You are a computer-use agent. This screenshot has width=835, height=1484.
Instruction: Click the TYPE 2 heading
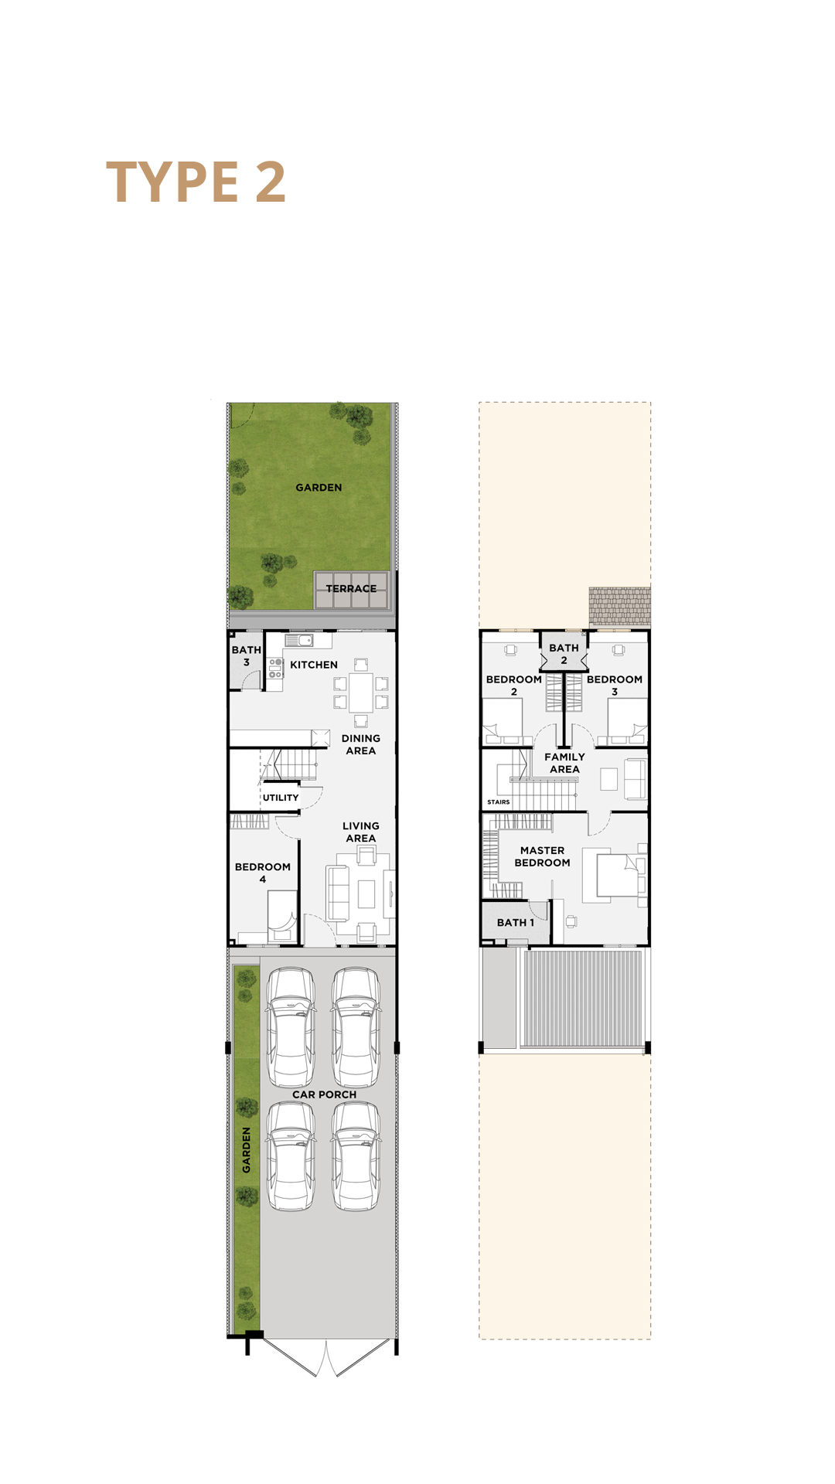[x=196, y=182]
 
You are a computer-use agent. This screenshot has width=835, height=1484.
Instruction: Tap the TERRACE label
[x=351, y=589]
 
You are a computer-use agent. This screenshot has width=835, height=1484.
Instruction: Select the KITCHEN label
[x=314, y=665]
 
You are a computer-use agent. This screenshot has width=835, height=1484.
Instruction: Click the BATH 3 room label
[x=247, y=656]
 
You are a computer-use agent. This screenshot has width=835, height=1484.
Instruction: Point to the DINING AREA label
[x=361, y=744]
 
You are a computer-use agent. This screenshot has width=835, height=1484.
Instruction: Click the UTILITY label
[x=281, y=798]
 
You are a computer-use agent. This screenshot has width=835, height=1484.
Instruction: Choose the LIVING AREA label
[x=361, y=832]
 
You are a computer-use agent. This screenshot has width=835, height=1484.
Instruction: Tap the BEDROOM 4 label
[x=263, y=873]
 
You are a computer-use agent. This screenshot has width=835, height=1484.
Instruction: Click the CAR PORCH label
[x=325, y=1094]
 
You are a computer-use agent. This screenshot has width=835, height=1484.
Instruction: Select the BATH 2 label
[x=564, y=654]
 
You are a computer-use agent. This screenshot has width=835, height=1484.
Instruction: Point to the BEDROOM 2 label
[x=514, y=686]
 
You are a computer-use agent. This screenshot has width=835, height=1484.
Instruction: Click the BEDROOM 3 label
[x=615, y=686]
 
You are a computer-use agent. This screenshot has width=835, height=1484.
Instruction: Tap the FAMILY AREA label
[x=565, y=763]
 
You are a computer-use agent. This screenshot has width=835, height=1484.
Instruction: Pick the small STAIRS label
[x=499, y=802]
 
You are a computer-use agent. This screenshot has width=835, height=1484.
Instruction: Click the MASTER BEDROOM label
[x=543, y=856]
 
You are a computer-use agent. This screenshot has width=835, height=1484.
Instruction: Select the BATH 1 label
[x=516, y=923]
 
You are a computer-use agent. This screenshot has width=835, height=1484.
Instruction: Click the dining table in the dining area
[x=361, y=693]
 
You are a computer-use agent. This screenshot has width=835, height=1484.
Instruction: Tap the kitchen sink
[x=299, y=640]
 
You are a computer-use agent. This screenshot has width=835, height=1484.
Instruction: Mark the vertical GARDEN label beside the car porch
[x=247, y=1150]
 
